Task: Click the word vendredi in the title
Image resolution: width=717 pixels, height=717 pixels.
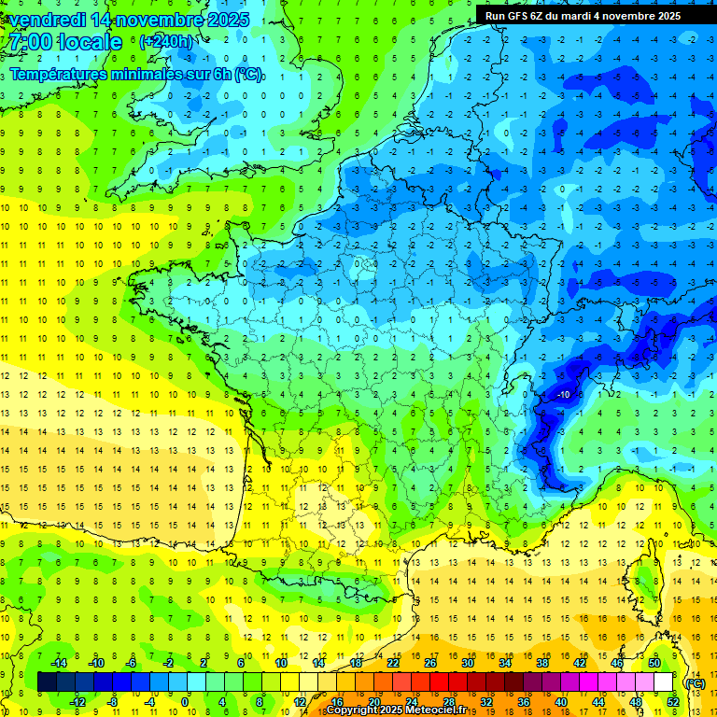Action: pyautogui.click(x=46, y=20)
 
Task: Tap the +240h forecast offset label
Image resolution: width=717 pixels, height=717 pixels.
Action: pyautogui.click(x=167, y=42)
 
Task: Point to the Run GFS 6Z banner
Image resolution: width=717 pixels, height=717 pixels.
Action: pyautogui.click(x=583, y=16)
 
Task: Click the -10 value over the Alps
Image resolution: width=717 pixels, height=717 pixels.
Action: pyautogui.click(x=564, y=395)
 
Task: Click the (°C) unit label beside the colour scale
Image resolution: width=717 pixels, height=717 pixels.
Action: pyautogui.click(x=696, y=683)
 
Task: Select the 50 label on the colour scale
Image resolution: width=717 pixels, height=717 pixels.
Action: pyautogui.click(x=654, y=663)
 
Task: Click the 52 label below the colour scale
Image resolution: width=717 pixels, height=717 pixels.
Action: pyautogui.click(x=673, y=702)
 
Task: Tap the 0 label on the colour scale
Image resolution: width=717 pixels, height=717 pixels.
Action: pyautogui.click(x=186, y=702)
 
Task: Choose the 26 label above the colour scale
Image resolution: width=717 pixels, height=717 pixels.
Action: pyautogui.click(x=430, y=663)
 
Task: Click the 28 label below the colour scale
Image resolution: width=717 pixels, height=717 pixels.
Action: pyautogui.click(x=449, y=702)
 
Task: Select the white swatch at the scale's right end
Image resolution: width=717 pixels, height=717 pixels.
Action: pyautogui.click(x=664, y=682)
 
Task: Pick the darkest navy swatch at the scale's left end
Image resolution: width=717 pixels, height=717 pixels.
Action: pyautogui.click(x=47, y=682)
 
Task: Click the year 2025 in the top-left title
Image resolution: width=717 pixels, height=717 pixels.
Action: pyautogui.click(x=226, y=20)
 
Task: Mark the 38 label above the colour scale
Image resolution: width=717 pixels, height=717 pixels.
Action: pyautogui.click(x=542, y=663)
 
